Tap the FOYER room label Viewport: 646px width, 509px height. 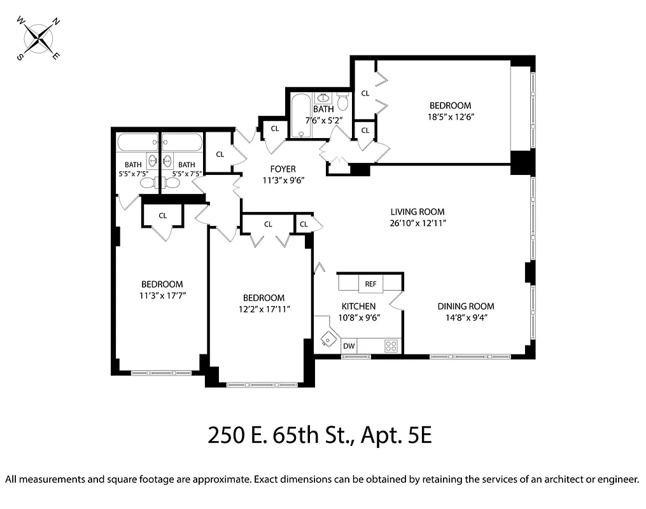pyautogui.click(x=283, y=169)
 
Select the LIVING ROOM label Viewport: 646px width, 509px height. pyautogui.click(x=417, y=212)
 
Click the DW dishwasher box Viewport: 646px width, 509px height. pyautogui.click(x=349, y=346)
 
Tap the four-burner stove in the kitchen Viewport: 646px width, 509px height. pyautogui.click(x=391, y=346)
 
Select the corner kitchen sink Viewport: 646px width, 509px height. pyautogui.click(x=328, y=339)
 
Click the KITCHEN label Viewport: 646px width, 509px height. pyautogui.click(x=358, y=306)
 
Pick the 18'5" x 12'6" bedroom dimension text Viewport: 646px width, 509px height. pyautogui.click(x=450, y=117)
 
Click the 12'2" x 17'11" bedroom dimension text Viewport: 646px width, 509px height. pyautogui.click(x=263, y=310)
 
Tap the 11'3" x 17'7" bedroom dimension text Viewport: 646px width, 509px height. pyautogui.click(x=162, y=295)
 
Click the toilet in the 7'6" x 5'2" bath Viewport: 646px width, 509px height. pyautogui.click(x=343, y=101)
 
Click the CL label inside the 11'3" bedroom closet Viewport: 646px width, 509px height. pyautogui.click(x=163, y=216)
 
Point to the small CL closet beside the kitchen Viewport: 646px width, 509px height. pyautogui.click(x=304, y=224)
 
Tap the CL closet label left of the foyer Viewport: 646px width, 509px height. pyautogui.click(x=220, y=154)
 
